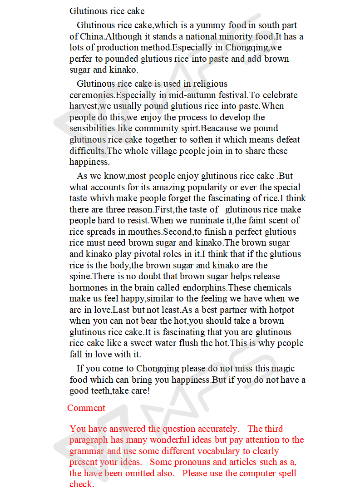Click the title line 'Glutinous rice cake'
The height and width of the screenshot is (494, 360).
[107, 11]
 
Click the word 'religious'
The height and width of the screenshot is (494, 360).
[210, 84]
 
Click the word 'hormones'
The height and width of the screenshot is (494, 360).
[88, 287]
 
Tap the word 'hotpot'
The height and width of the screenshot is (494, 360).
[282, 310]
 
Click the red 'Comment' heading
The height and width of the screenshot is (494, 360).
[86, 408]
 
